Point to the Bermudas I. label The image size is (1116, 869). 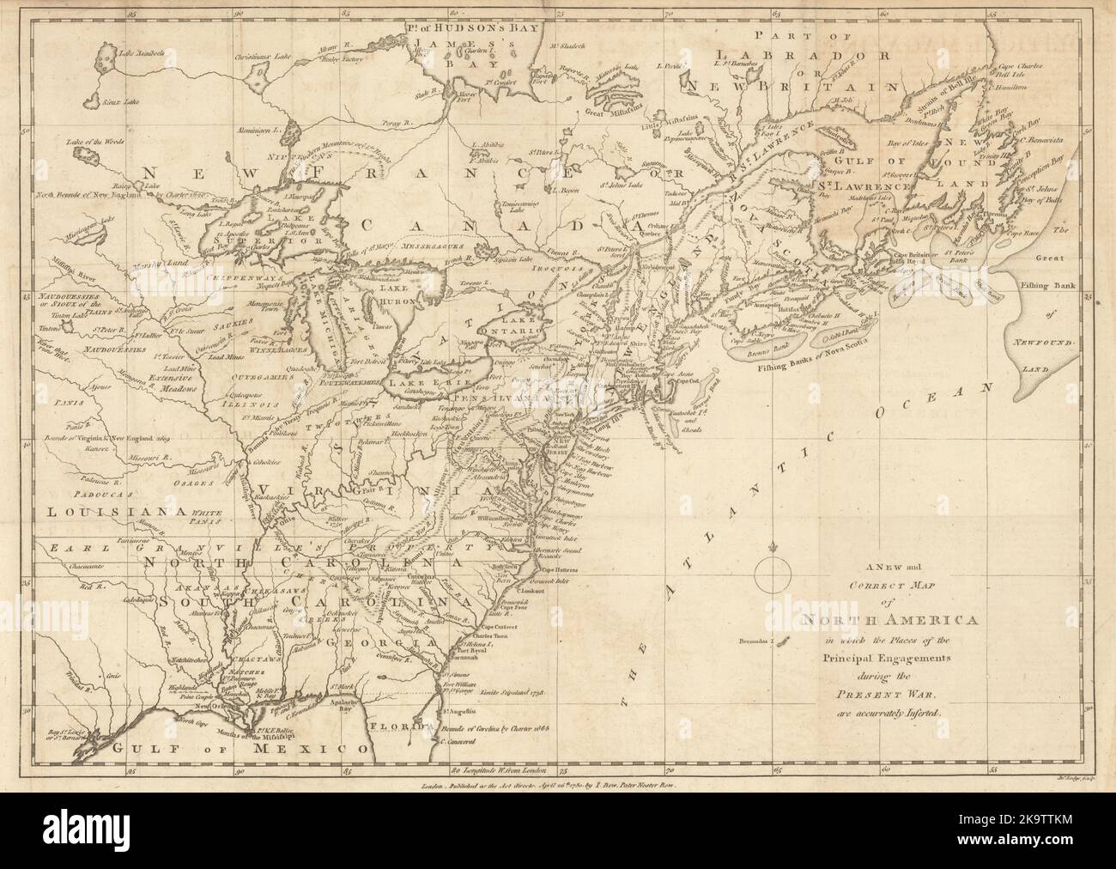click(x=755, y=641)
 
